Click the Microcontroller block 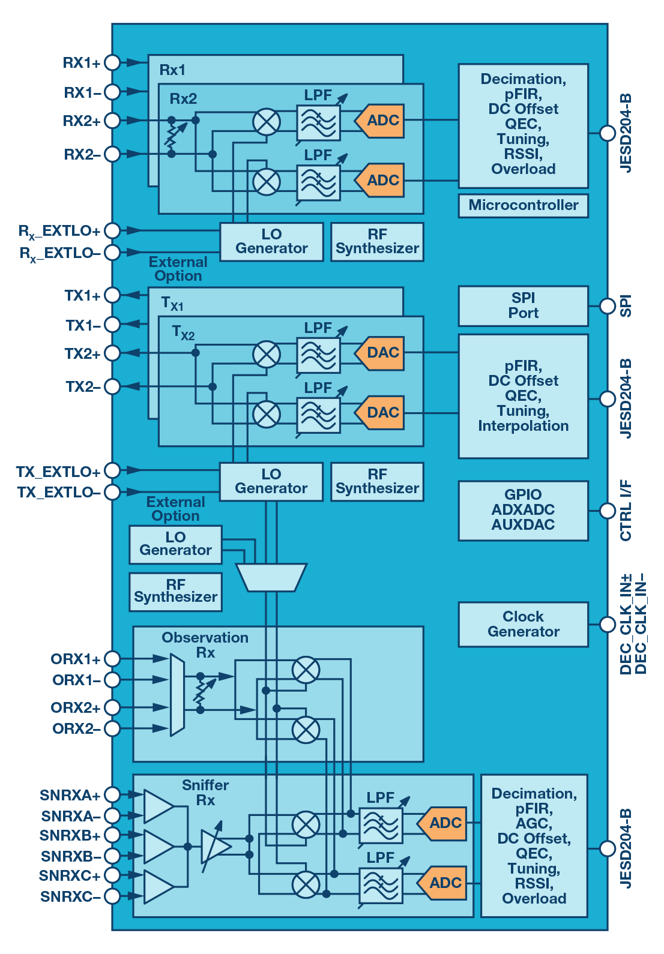click(523, 205)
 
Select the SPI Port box click(523, 305)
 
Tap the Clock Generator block click(523, 624)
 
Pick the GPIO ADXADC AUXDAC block click(523, 510)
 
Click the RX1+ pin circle click(112, 62)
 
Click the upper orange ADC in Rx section click(381, 121)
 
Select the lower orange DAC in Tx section click(381, 413)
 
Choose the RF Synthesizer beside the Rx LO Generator click(377, 242)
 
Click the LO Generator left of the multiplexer click(175, 544)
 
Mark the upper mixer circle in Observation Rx click(306, 670)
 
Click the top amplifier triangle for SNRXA click(157, 806)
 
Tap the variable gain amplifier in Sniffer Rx click(215, 847)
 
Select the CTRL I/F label click(626, 511)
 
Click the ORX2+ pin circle click(112, 707)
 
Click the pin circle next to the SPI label click(608, 305)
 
